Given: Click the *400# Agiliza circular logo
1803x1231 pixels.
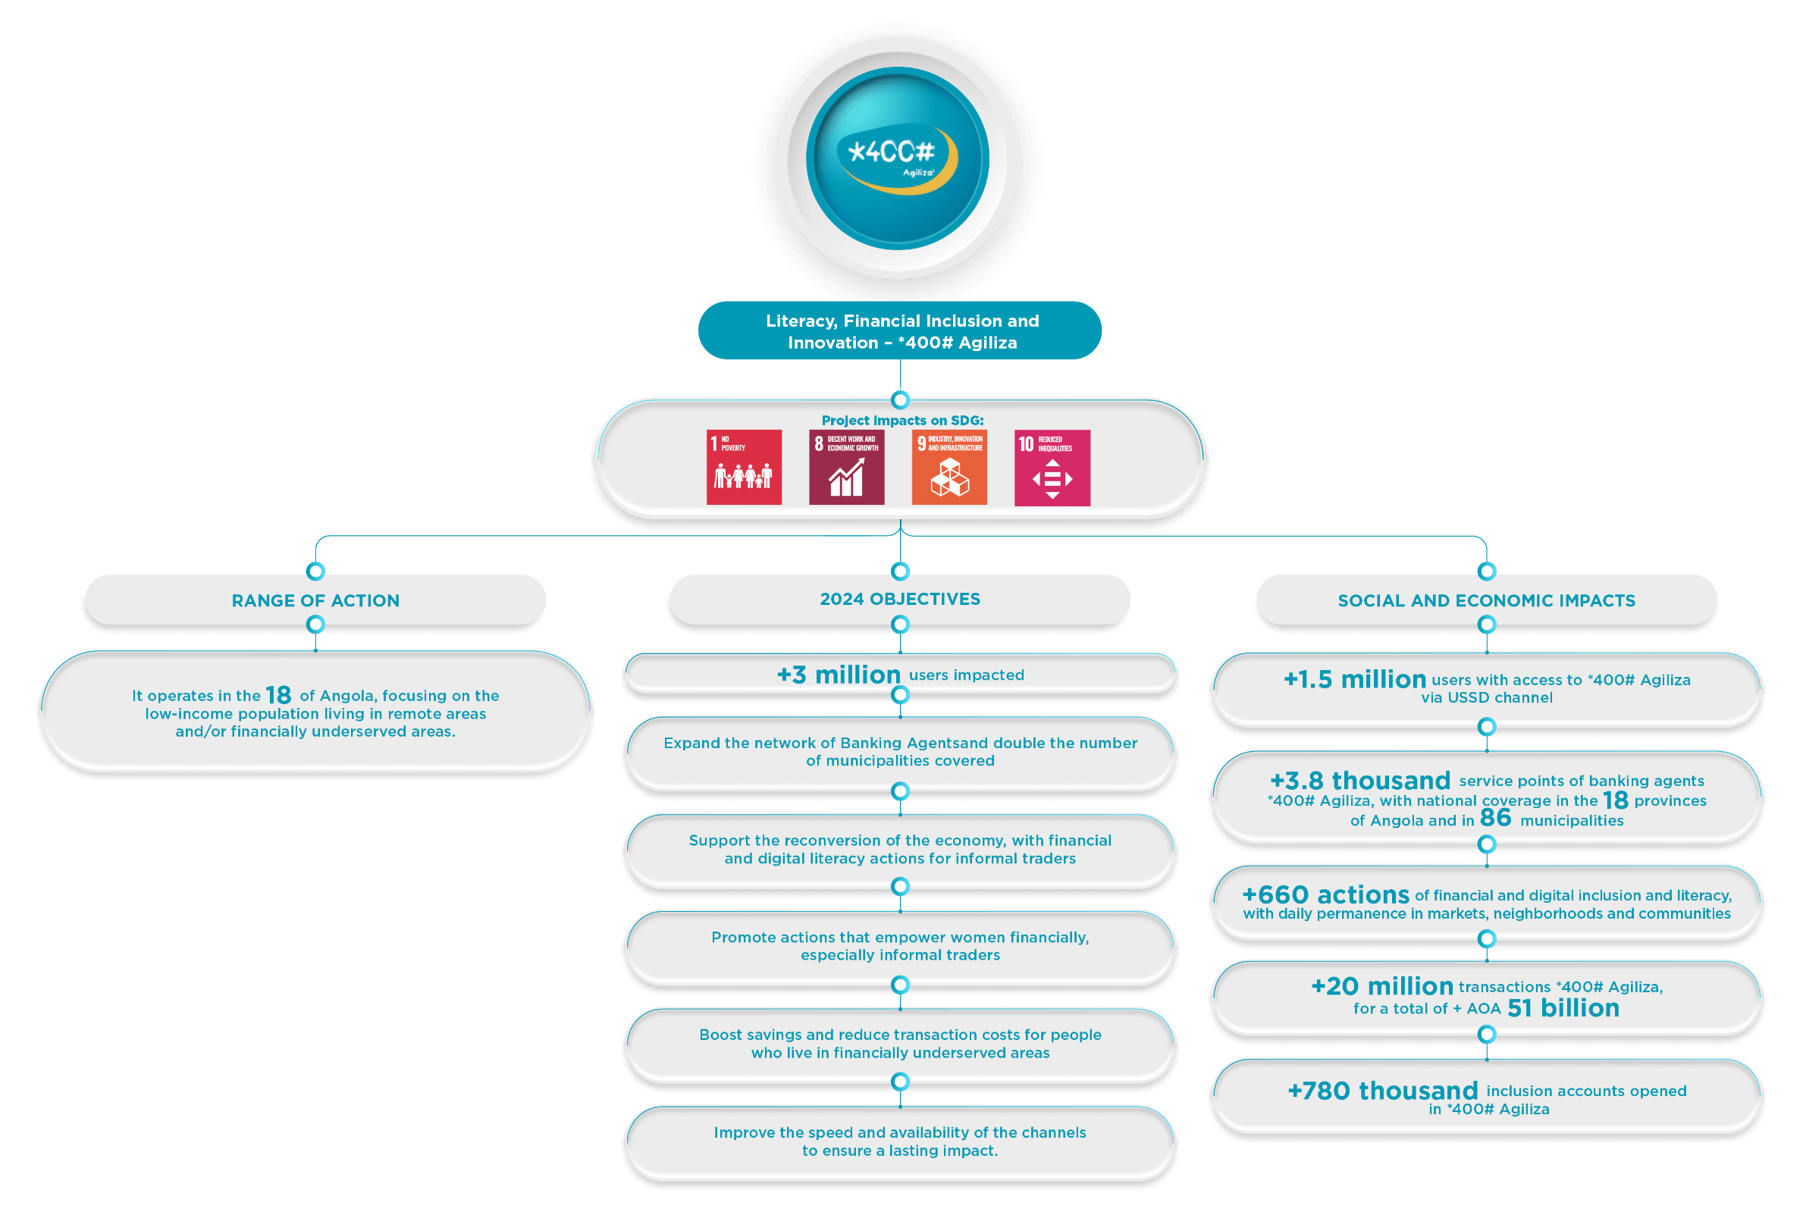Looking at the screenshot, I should (x=898, y=158).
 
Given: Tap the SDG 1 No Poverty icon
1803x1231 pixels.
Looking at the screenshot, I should (x=744, y=467).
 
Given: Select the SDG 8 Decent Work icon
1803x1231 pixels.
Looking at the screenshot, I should (x=846, y=467).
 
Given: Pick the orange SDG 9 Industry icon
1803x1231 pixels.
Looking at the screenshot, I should (x=949, y=467).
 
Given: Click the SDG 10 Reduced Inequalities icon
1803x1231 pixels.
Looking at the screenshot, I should (x=1052, y=468).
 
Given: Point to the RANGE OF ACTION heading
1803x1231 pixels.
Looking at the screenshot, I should (x=315, y=600).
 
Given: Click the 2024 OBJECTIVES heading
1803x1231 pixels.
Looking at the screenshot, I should (x=900, y=599).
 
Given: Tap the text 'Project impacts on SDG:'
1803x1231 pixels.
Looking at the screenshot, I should (x=902, y=421).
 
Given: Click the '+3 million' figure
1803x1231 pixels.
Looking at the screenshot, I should (x=839, y=675).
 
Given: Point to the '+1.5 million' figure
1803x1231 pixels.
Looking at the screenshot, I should (x=1355, y=679).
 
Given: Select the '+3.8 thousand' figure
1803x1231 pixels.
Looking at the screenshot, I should (x=1360, y=780).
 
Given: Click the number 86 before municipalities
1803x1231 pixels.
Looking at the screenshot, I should (x=1495, y=818).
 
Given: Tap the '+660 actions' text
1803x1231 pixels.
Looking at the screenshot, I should (x=1325, y=895).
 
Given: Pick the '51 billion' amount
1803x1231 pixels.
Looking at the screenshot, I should (x=1563, y=1008).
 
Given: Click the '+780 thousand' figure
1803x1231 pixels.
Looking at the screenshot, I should (x=1382, y=1091).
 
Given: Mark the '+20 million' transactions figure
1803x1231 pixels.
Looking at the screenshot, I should (x=1381, y=987).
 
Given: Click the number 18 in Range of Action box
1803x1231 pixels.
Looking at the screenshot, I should (x=278, y=695).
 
